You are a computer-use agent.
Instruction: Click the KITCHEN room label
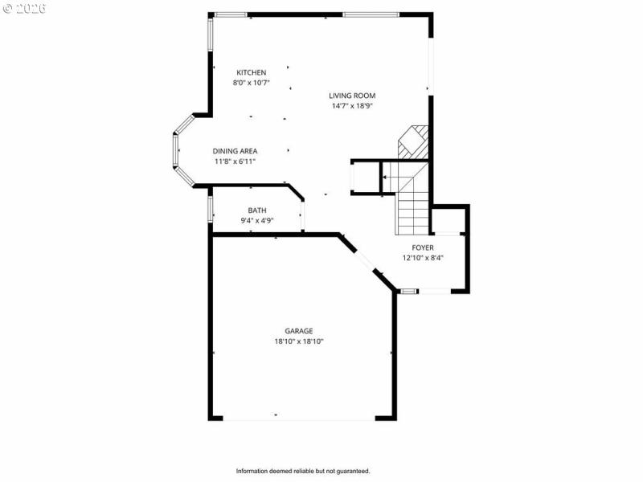click(251, 72)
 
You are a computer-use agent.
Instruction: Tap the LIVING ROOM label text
click(352, 96)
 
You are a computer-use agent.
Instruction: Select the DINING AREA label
click(235, 151)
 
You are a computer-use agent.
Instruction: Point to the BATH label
click(257, 210)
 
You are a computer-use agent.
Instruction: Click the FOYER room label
click(423, 247)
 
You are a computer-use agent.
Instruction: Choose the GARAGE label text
click(298, 331)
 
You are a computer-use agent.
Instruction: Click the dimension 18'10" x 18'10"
click(298, 341)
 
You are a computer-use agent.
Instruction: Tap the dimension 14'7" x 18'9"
click(352, 106)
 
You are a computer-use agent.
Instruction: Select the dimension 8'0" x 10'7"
click(251, 83)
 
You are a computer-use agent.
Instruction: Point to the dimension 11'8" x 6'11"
click(235, 161)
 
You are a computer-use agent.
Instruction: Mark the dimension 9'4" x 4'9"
click(257, 221)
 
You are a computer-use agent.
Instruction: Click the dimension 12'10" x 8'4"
click(423, 258)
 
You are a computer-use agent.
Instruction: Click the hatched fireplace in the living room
click(416, 141)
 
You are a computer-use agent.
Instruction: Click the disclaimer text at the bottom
click(302, 471)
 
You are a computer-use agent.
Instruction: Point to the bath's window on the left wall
click(210, 209)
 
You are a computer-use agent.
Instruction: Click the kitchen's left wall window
click(210, 44)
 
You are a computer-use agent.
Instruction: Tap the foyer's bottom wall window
click(408, 291)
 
